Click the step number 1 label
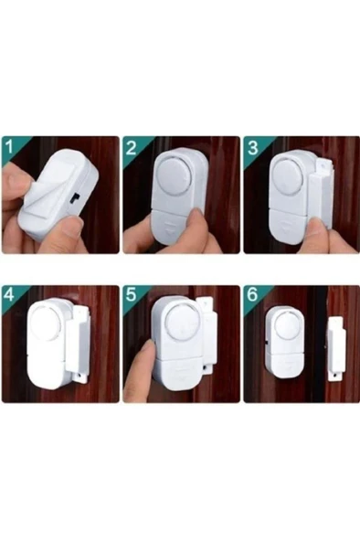9,147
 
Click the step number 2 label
131,148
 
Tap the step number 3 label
252,148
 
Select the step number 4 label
9,296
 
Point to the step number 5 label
131,295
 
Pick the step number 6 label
252,295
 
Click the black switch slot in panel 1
75,197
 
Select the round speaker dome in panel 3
292,175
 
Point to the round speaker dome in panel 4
46,322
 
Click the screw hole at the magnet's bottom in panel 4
80,375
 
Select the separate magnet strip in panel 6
336,349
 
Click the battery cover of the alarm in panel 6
285,365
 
